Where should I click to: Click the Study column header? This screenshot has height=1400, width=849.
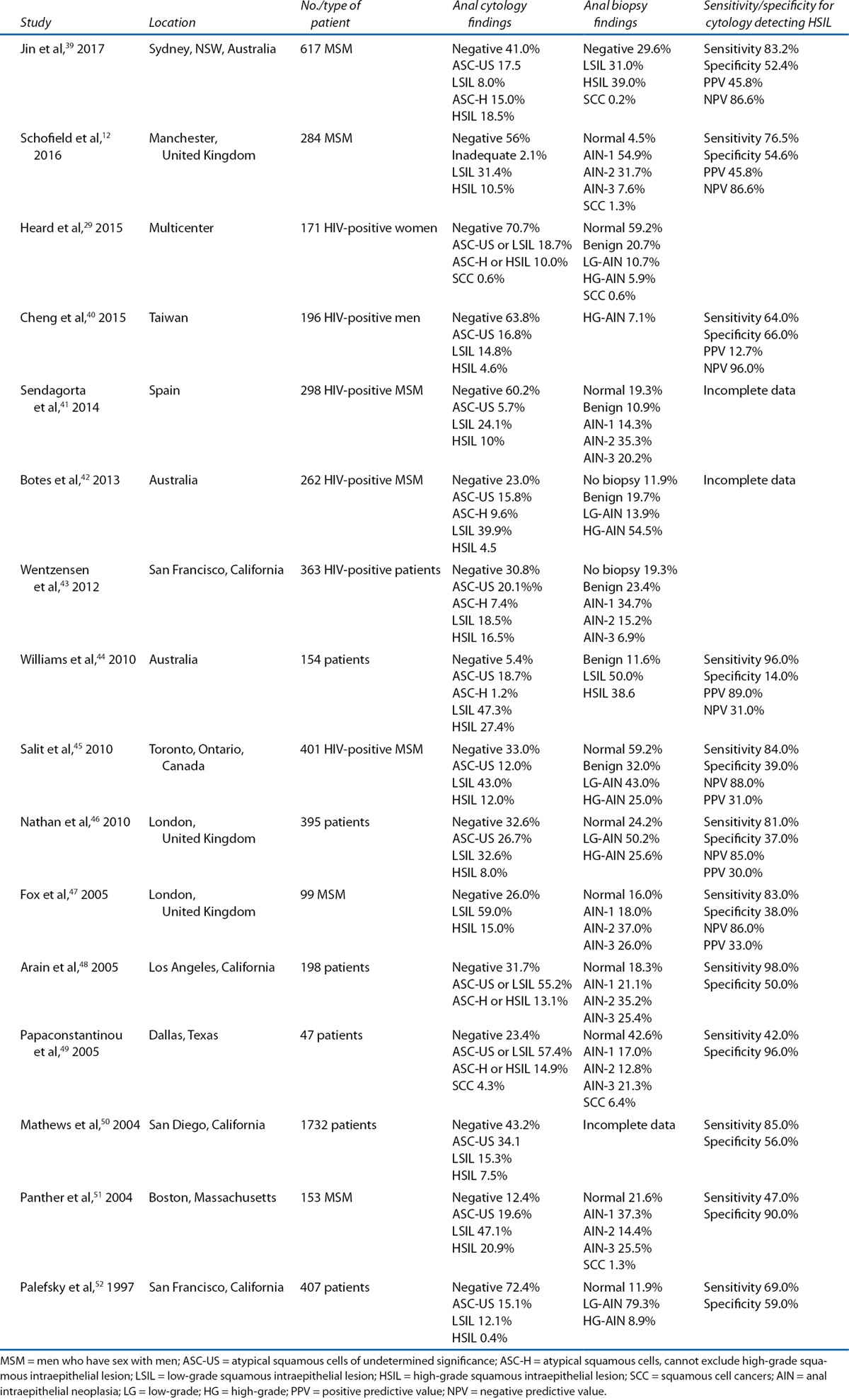tap(35, 23)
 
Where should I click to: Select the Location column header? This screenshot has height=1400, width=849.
tap(172, 23)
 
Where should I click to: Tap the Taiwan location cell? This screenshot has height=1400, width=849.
tap(168, 318)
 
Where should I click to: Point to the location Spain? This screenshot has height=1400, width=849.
tap(164, 391)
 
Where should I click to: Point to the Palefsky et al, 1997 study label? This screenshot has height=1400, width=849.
tap(78, 1287)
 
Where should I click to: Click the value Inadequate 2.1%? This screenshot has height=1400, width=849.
tap(499, 155)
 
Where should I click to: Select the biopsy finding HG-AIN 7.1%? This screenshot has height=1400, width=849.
tap(619, 318)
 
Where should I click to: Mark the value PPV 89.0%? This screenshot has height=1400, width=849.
tap(733, 693)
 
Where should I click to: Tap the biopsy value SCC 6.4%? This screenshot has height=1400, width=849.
tap(609, 1102)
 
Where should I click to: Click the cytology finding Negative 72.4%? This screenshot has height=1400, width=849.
tap(496, 1287)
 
